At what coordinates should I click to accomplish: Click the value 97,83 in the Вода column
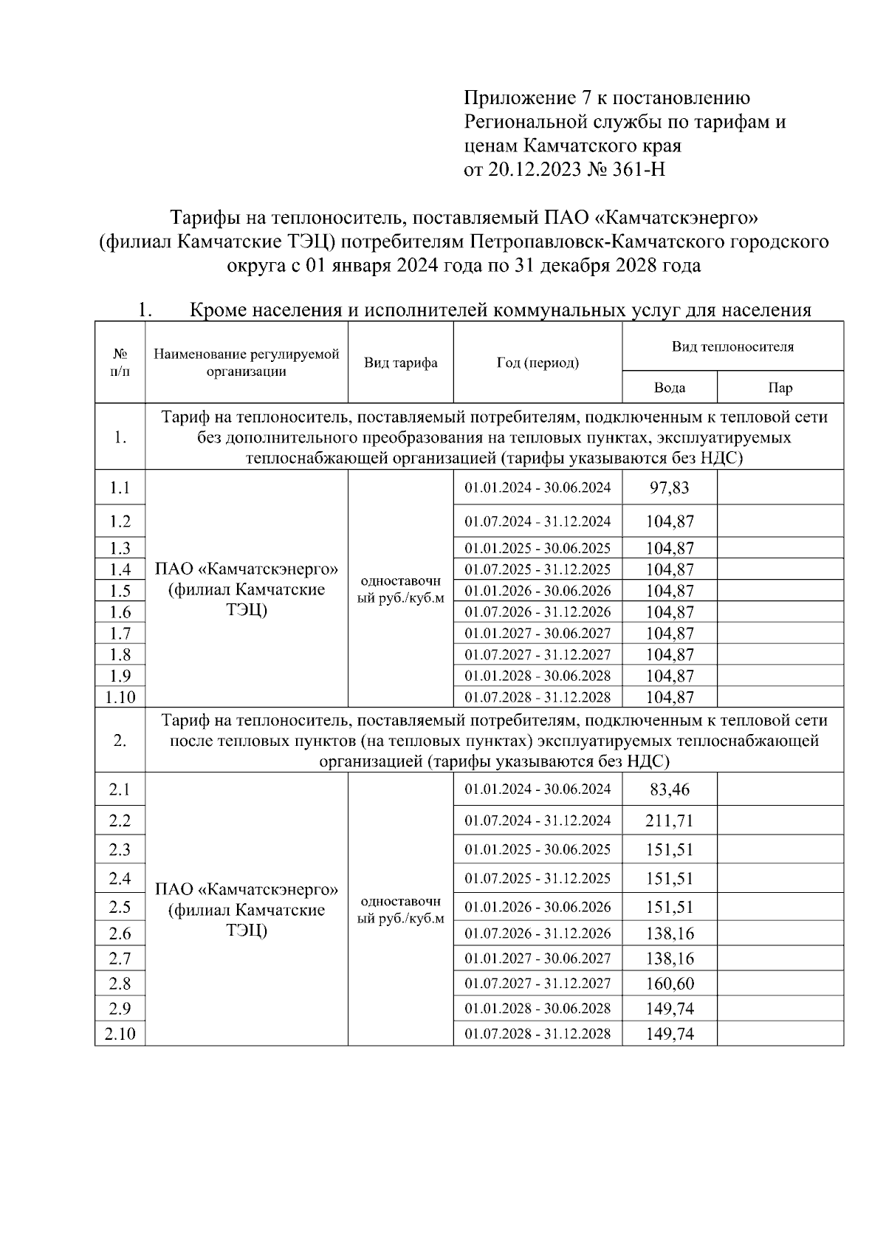[x=670, y=488]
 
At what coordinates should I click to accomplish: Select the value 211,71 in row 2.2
[x=670, y=820]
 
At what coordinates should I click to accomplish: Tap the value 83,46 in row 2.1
[x=670, y=789]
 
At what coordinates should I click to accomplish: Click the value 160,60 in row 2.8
[x=670, y=984]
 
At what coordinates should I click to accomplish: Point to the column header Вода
[x=670, y=388]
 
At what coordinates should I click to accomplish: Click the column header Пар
[x=780, y=388]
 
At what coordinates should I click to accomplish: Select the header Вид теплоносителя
[x=732, y=346]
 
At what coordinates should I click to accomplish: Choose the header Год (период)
[x=538, y=363]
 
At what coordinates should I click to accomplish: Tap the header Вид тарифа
[x=400, y=363]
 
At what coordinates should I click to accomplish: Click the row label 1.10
[x=120, y=697]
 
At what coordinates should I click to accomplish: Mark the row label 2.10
[x=120, y=1034]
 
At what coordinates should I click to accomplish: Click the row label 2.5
[x=120, y=907]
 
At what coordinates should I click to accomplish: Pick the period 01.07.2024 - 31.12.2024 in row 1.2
[x=538, y=521]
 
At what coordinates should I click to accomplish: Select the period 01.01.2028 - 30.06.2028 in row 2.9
[x=538, y=1009]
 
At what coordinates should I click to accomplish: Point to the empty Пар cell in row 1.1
[x=780, y=488]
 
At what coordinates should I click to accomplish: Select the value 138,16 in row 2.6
[x=670, y=933]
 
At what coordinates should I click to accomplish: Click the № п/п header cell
[x=120, y=363]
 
